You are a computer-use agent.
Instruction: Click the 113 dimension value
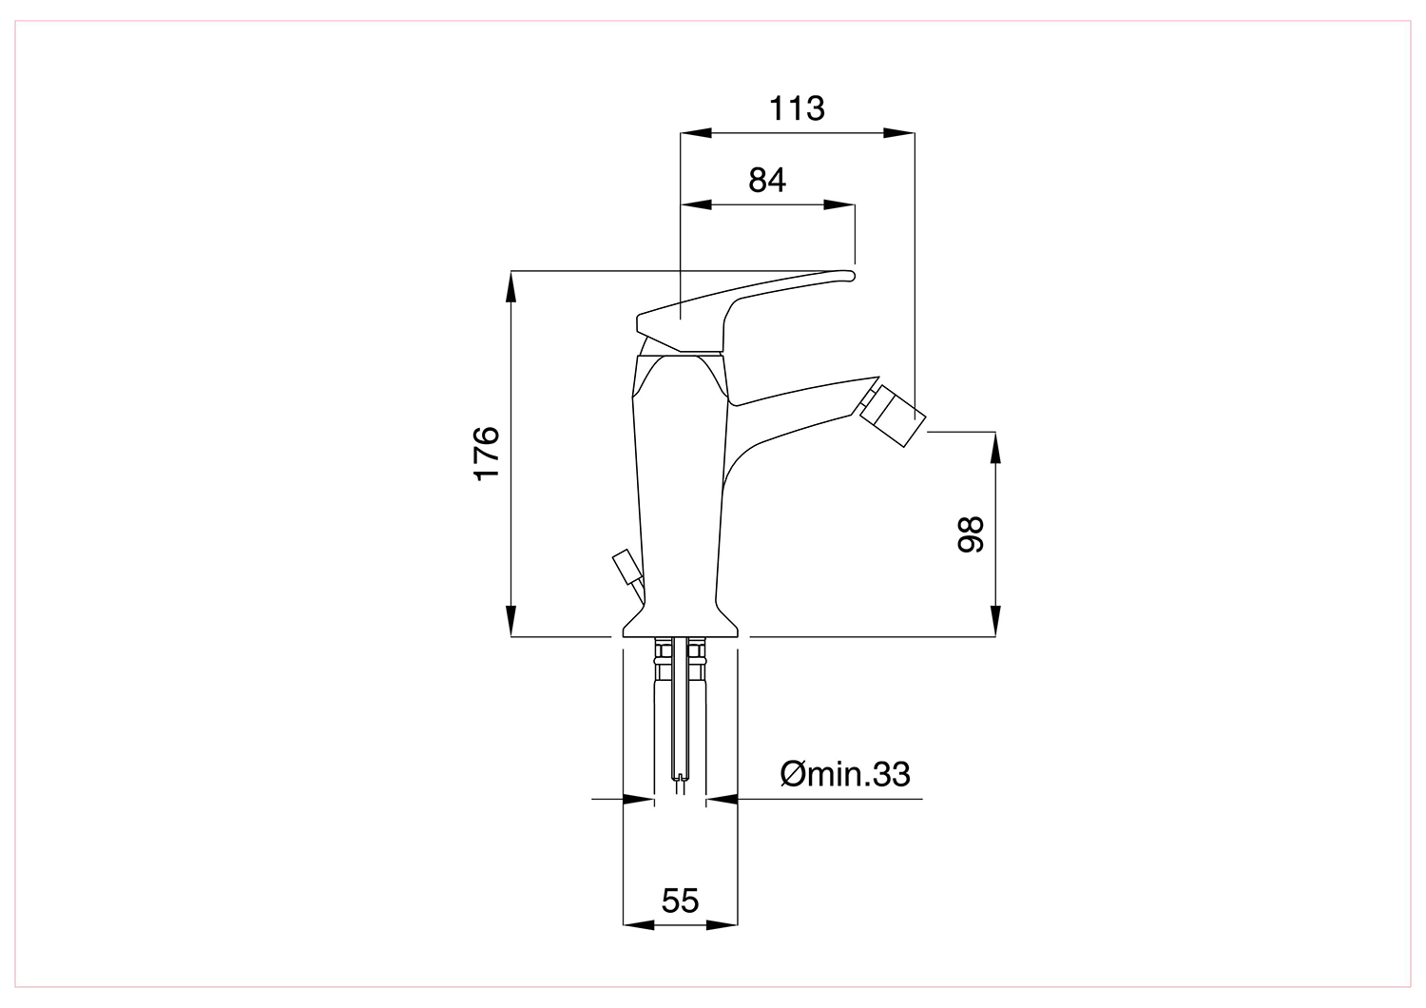pos(797,109)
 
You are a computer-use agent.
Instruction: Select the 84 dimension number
pos(767,181)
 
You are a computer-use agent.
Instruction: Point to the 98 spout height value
pos(971,533)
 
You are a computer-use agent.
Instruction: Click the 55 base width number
pos(680,901)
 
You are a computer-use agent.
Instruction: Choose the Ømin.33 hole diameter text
pos(845,774)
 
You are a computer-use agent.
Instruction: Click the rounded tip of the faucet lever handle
pos(849,276)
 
